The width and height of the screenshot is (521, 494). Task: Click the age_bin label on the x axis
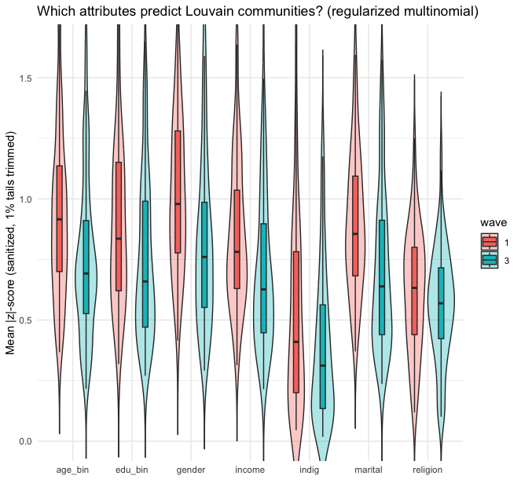[72, 470]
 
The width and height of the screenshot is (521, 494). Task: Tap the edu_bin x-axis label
[131, 470]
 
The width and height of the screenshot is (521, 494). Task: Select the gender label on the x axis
[191, 470]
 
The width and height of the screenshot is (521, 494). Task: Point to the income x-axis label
[250, 470]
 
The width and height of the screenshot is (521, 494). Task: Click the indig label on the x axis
[309, 470]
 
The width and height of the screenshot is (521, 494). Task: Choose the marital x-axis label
[368, 470]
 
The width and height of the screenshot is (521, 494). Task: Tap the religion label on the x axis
[427, 470]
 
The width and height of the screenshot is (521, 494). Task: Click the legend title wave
[493, 222]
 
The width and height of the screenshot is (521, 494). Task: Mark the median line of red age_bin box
[59, 219]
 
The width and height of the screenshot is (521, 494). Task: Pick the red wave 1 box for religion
[414, 291]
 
